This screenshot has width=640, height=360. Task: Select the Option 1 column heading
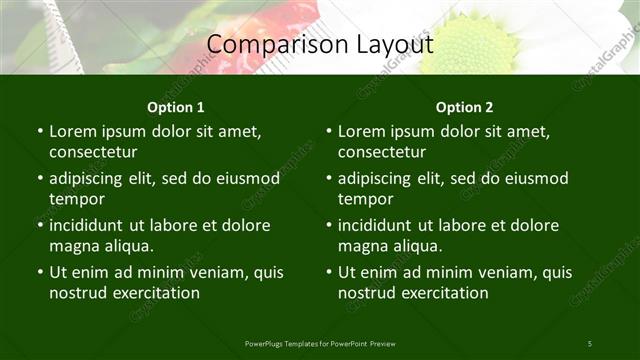pyautogui.click(x=176, y=107)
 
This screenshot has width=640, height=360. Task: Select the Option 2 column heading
pyautogui.click(x=465, y=107)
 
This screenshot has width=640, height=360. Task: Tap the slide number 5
pyautogui.click(x=590, y=344)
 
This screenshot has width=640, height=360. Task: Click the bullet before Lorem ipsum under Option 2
pyautogui.click(x=328, y=131)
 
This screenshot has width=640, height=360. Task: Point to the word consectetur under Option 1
pyautogui.click(x=93, y=152)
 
